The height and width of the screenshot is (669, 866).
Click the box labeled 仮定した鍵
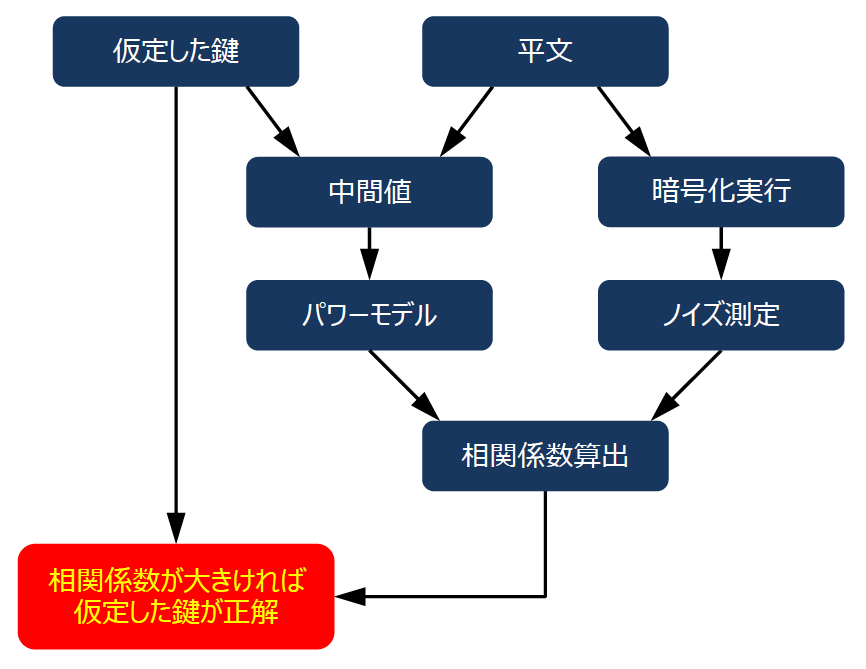point(176,51)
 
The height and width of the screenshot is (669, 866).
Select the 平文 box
point(545,51)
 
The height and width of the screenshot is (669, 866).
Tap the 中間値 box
point(369,192)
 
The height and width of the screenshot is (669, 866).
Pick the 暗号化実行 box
point(721,192)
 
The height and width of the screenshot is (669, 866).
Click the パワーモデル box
point(369,315)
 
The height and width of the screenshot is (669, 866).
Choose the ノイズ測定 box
point(721,315)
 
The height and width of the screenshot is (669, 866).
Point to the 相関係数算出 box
point(545,456)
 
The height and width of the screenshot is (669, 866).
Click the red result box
point(176,597)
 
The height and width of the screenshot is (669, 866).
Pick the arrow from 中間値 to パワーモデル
point(369,252)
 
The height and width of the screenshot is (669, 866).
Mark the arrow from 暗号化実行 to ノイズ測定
point(721,252)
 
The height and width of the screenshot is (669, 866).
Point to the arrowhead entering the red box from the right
point(347,597)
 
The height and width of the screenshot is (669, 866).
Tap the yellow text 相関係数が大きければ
point(176,581)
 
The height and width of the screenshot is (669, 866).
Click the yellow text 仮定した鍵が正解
point(176,612)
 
